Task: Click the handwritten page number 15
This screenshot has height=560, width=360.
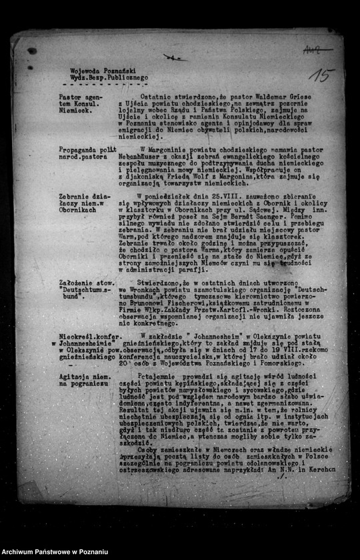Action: click(x=322, y=75)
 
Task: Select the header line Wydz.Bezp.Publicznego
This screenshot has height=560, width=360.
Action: click(x=109, y=77)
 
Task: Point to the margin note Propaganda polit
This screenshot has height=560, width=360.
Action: click(x=87, y=149)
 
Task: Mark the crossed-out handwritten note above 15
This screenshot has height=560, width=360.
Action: click(x=318, y=50)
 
